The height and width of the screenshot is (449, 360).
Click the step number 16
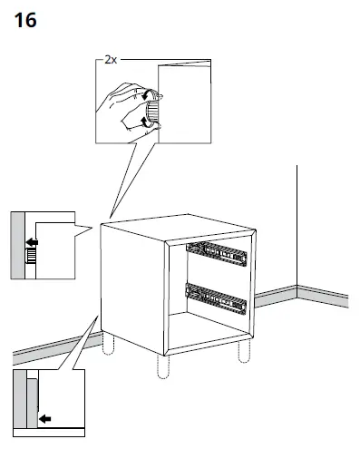26,21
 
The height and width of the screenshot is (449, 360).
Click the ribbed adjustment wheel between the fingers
152,112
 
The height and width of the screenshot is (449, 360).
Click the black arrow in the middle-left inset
32,242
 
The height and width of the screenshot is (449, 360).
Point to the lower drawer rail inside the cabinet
216,296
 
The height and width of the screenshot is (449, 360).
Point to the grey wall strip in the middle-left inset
17,245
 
